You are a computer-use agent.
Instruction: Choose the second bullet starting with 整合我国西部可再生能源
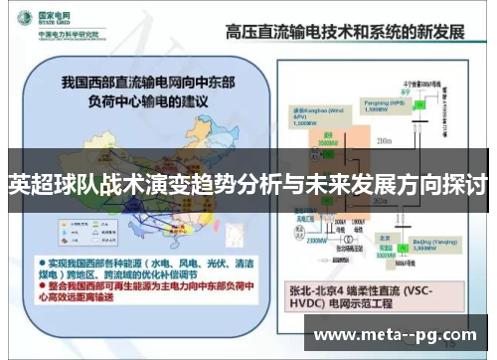(x=139, y=287)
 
